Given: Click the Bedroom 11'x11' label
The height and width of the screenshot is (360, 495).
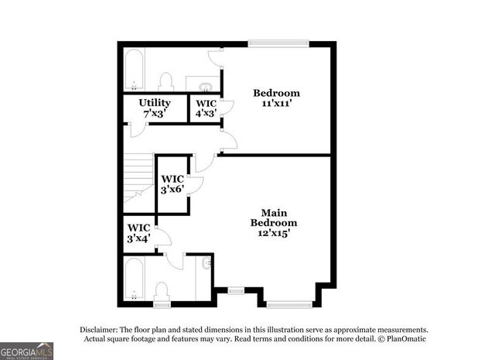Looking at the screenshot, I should tap(276, 98).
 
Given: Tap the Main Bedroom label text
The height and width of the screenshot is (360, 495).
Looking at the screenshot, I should tap(269, 221).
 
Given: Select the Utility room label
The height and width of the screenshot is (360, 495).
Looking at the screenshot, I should tap(155, 108).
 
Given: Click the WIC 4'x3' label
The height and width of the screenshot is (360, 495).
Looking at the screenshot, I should tap(206, 108).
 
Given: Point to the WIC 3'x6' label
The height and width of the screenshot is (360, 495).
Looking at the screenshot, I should tap(172, 184).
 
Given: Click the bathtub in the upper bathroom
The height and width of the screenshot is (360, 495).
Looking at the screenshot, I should tap(134, 70).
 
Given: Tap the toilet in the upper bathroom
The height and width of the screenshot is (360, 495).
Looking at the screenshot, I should tap(165, 81).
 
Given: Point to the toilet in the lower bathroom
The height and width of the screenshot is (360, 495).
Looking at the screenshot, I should tap(162, 291).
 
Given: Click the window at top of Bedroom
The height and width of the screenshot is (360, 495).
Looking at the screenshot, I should tap(278, 43).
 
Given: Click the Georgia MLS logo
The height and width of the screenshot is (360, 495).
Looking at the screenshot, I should tap(27, 351).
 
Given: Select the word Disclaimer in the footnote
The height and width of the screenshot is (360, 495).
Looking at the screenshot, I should tap(100, 329).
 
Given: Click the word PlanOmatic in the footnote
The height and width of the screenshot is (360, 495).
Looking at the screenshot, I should tap(405, 339).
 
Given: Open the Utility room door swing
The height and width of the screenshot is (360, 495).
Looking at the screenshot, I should tap(136, 129).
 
